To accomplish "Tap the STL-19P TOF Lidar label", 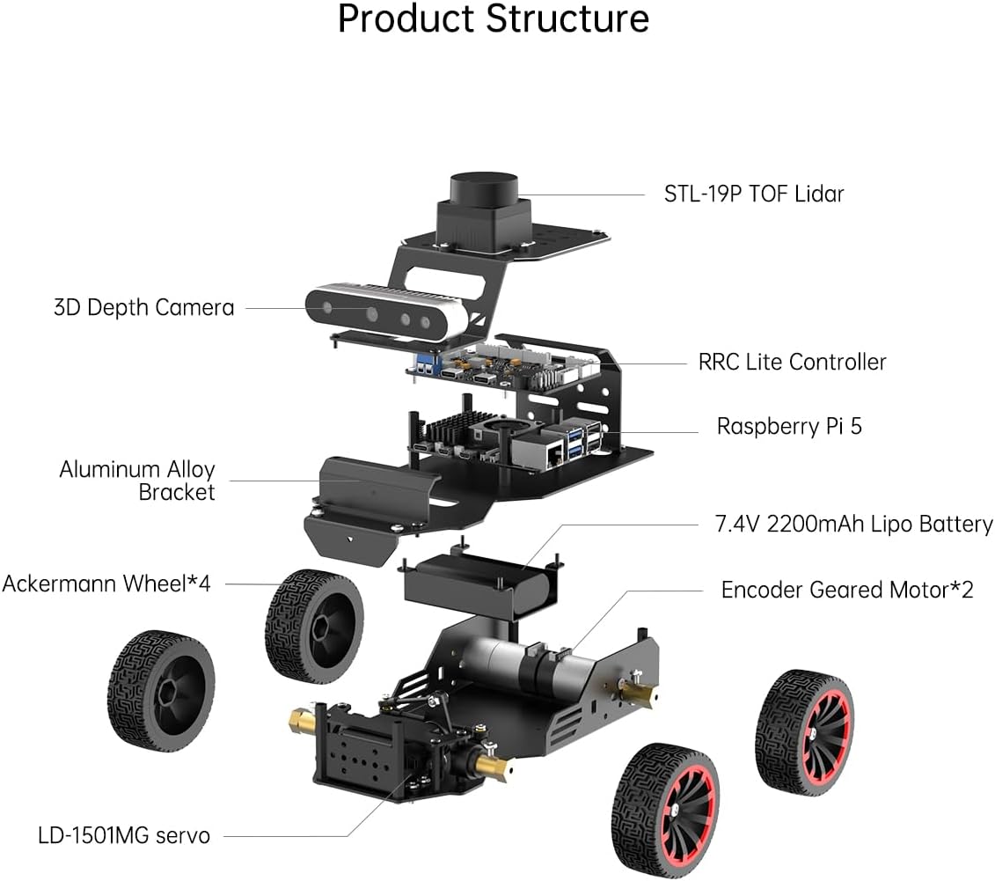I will pyautogui.click(x=753, y=194).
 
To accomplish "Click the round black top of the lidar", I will pyautogui.click(x=483, y=187).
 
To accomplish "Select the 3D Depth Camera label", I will pyautogui.click(x=143, y=307).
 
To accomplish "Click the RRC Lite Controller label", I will pyautogui.click(x=792, y=361).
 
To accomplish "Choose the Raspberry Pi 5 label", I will pyautogui.click(x=789, y=427).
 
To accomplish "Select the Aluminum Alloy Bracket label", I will pyautogui.click(x=137, y=481).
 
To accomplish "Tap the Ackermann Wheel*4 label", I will pyautogui.click(x=106, y=584).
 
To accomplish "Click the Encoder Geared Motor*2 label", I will pyautogui.click(x=846, y=590).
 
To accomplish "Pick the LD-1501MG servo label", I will pyautogui.click(x=124, y=834).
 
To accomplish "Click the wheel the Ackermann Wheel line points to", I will pyautogui.click(x=314, y=626).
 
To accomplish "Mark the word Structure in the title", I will pyautogui.click(x=562, y=19).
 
